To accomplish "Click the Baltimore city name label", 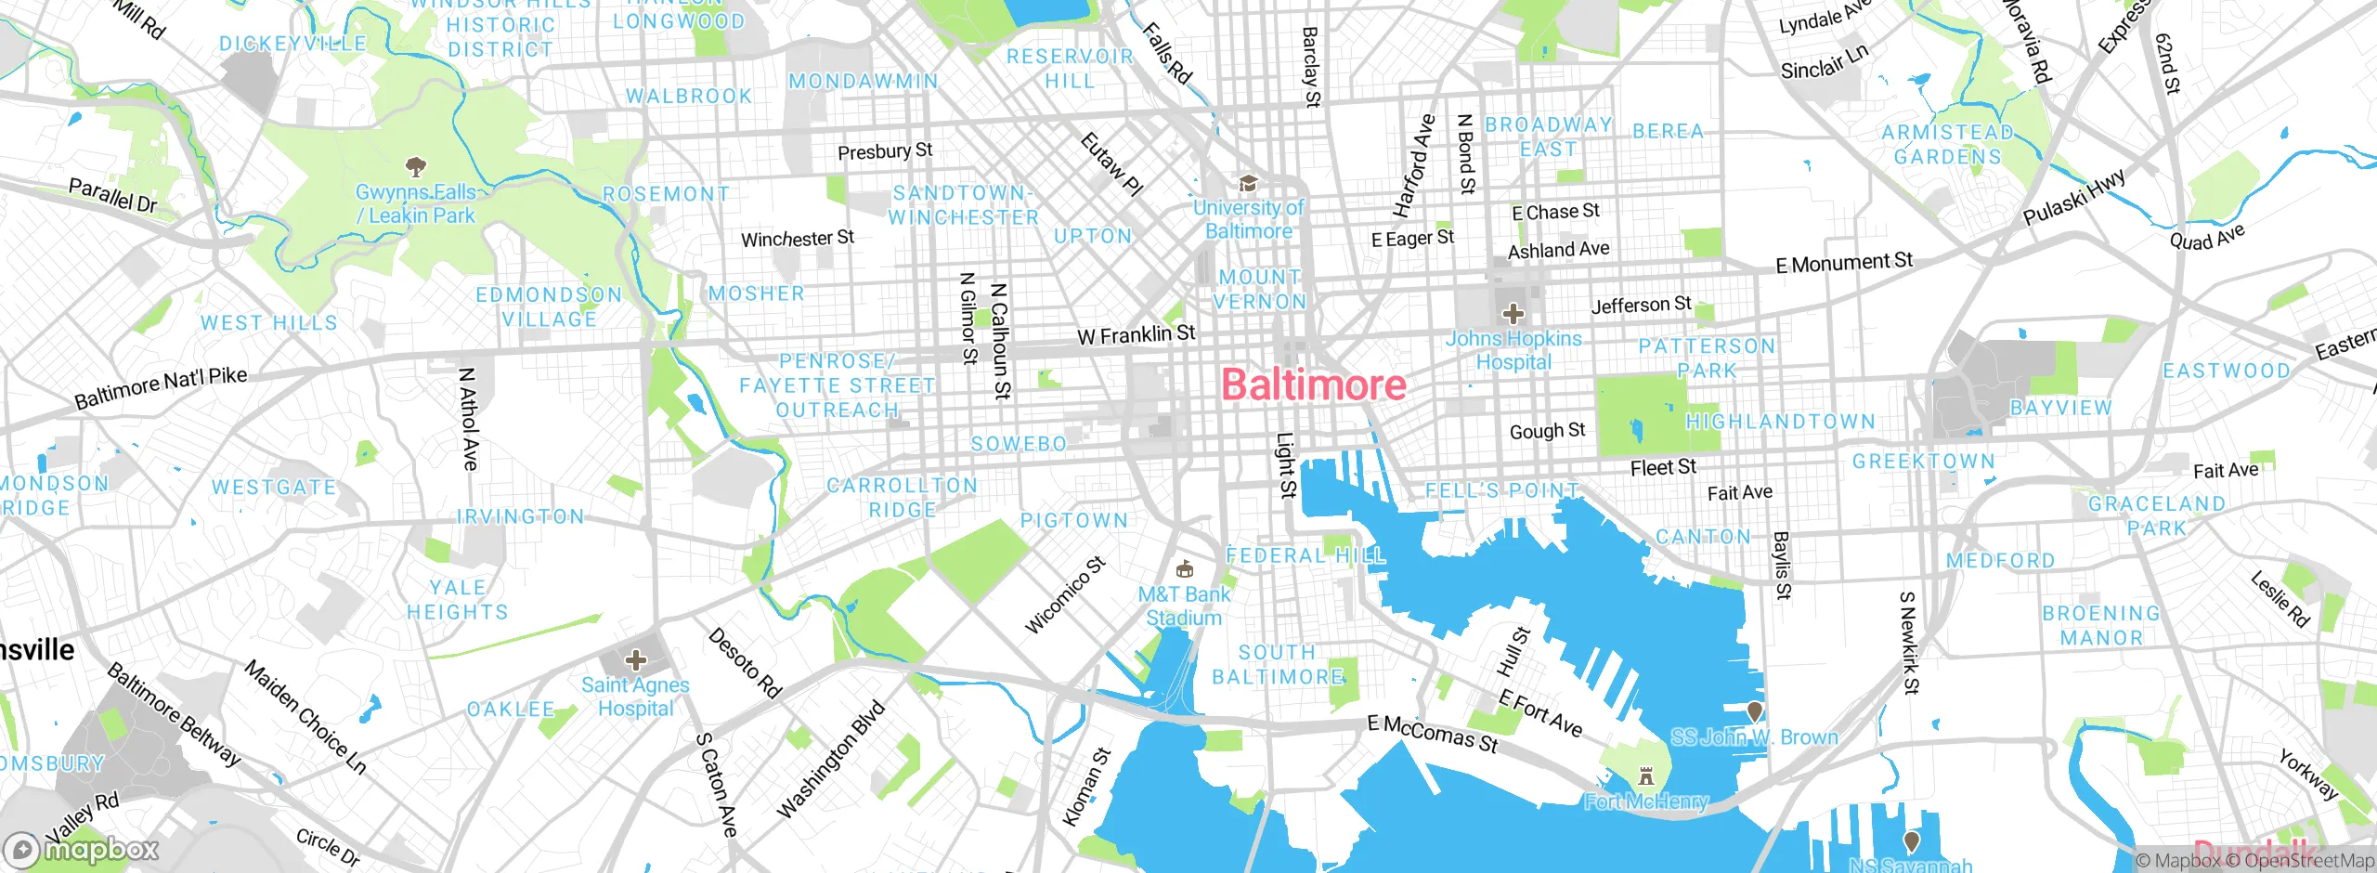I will tap(1313, 385).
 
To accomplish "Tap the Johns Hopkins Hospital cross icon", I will tap(1513, 314).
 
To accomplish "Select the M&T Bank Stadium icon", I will tap(1184, 568).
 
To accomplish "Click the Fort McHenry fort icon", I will tap(1646, 775).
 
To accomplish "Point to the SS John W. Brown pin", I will tap(1754, 711).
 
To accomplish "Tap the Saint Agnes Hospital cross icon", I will tap(636, 660).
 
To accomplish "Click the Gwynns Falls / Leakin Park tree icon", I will tap(415, 167).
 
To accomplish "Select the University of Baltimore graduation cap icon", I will tap(1248, 183).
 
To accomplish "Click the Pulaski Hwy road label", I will tap(2073, 197).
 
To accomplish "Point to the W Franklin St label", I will tap(1136, 334).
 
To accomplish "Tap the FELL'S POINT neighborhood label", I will tap(1501, 490).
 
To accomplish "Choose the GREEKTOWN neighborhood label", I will tap(1923, 462).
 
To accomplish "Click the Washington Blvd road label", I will tap(831, 761).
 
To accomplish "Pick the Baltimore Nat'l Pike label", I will tap(161, 387).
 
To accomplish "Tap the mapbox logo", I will tap(81, 849).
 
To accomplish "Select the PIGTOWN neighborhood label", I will tap(1074, 521).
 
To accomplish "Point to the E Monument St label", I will tap(1843, 263).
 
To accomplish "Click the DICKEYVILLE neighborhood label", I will tap(292, 44).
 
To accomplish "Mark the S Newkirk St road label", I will tap(1909, 643).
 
